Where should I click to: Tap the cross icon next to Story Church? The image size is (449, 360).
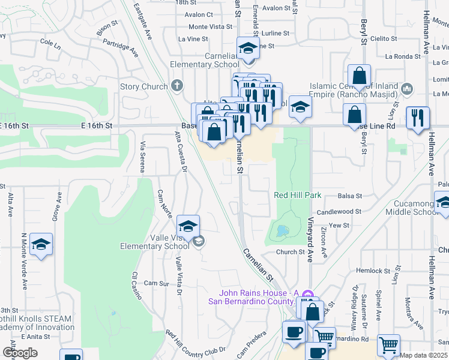176,86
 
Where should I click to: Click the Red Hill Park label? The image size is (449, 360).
298,195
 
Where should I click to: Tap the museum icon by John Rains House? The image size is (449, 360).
307,294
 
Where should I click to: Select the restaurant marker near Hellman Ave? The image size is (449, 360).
418,117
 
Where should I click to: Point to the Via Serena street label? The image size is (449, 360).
143,157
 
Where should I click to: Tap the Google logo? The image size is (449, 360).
20,353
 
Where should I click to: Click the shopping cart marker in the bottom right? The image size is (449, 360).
388,346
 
